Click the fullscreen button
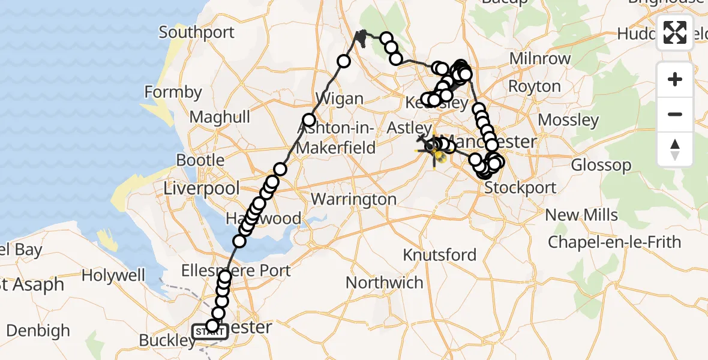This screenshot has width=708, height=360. click(675, 32)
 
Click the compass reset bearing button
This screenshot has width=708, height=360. click(675, 149)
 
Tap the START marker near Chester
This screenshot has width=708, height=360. click(209, 332)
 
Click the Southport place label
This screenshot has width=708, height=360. click(196, 32)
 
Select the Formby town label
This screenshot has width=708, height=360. click(173, 92)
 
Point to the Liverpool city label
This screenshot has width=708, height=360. click(202, 188)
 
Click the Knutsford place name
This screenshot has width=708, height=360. click(440, 254)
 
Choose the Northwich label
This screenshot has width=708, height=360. click(385, 282)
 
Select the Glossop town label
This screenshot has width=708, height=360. click(601, 164)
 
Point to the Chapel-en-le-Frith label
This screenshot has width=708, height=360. click(614, 242)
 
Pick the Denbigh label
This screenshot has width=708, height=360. click(38, 331)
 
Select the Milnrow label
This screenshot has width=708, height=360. click(540, 59)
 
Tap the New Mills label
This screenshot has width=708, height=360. click(581, 215)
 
